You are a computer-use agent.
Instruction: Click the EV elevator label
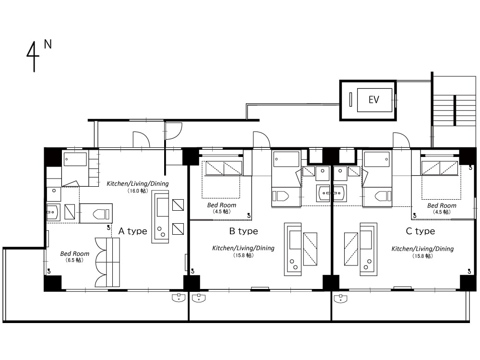click(x=374, y=100)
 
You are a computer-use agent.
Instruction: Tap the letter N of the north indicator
click(x=48, y=44)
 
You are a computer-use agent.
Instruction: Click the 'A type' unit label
click(x=133, y=231)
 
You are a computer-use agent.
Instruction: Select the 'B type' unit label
click(x=244, y=231)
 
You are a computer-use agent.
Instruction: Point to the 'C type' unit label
click(x=420, y=231)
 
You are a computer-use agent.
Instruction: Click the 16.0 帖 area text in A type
click(x=138, y=191)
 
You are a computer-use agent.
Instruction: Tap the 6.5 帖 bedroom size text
click(x=75, y=260)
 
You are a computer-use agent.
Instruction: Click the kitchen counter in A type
click(x=160, y=217)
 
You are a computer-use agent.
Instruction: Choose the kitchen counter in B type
click(x=293, y=249)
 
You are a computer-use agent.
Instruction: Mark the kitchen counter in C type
click(x=369, y=249)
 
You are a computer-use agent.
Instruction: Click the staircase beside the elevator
click(x=455, y=110)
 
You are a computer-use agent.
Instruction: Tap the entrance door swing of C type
click(x=401, y=140)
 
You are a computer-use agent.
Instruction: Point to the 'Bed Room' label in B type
click(x=222, y=205)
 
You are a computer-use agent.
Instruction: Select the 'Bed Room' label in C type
click(x=442, y=206)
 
